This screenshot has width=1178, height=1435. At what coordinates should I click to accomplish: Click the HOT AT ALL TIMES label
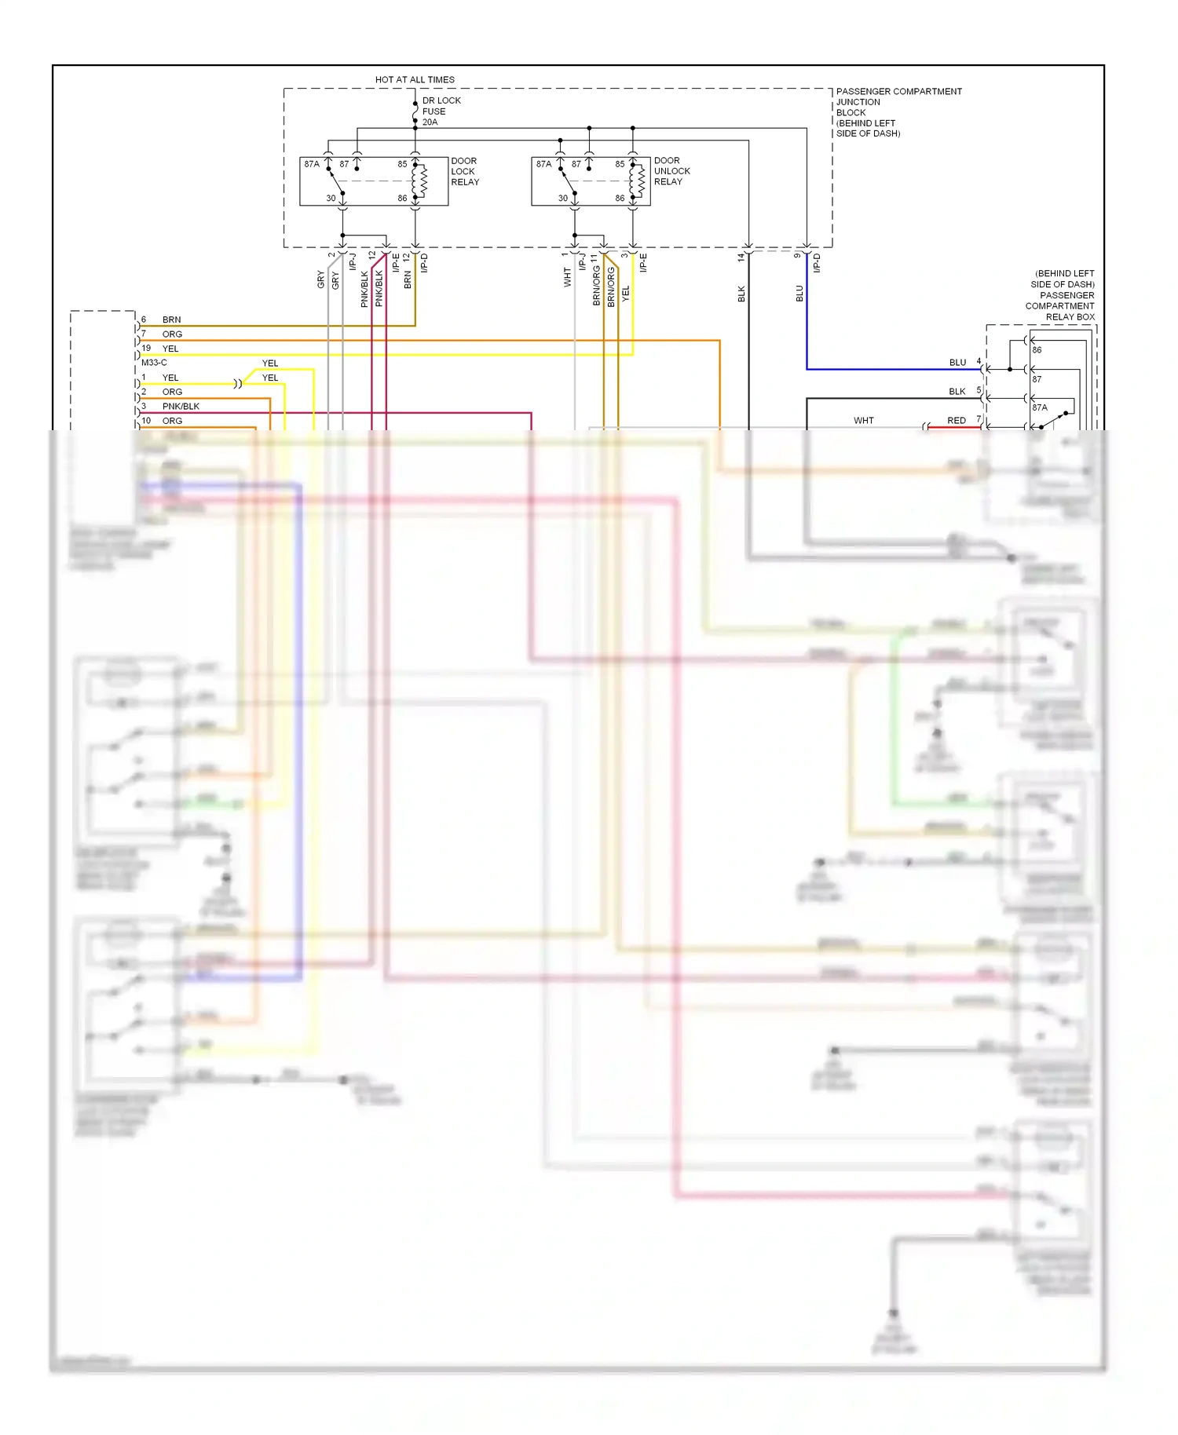[415, 80]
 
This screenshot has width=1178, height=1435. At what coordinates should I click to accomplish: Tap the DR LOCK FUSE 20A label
[441, 111]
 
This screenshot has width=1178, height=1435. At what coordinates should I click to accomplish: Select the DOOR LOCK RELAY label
[464, 171]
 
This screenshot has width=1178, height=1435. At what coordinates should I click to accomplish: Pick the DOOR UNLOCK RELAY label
[671, 171]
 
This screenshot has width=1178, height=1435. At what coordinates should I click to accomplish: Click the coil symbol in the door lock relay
[421, 181]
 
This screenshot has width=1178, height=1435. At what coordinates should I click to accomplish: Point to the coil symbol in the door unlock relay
[639, 181]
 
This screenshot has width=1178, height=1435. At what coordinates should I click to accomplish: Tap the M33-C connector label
[154, 363]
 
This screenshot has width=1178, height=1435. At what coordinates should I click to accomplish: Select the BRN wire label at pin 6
[171, 320]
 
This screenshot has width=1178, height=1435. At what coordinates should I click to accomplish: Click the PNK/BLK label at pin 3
[181, 407]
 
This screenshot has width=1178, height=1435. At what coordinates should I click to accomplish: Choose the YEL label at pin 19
[170, 349]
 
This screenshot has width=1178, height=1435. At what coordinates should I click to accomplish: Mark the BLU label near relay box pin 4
[957, 363]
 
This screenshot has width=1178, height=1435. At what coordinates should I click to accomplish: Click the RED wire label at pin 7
[956, 421]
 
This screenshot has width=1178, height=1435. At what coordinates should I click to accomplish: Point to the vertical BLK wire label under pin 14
[741, 294]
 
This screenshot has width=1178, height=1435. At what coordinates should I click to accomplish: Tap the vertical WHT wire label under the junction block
[568, 277]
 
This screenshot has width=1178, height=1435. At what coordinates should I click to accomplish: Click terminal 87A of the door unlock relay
[543, 164]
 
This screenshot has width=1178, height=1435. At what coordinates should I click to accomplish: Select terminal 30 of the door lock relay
[331, 199]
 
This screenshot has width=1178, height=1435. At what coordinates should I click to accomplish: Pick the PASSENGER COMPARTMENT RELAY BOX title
[1062, 295]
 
